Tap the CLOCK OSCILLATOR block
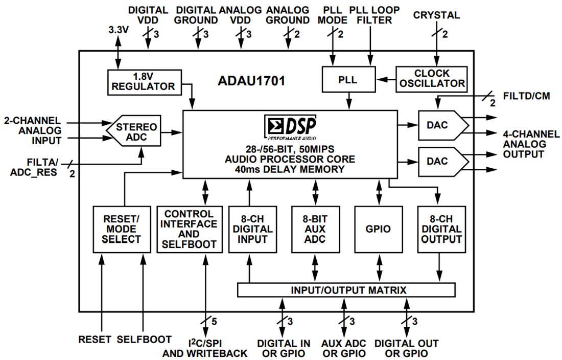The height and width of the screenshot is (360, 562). tap(431, 78)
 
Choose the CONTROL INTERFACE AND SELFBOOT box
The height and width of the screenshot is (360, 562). tap(190, 229)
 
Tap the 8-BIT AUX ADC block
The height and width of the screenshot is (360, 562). tap(315, 229)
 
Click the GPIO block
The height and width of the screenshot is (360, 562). tap(379, 229)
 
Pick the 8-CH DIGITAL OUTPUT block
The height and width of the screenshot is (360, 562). tap(441, 229)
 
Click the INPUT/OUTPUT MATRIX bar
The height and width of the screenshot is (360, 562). tap(346, 290)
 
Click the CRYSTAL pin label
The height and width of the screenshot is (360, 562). tap(436, 15)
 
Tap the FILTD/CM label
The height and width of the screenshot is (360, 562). tap(526, 96)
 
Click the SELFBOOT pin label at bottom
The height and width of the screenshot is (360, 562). tap(143, 340)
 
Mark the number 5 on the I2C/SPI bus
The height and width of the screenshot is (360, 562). tap(214, 322)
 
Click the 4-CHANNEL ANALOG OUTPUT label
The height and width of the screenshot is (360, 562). tap(530, 144)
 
